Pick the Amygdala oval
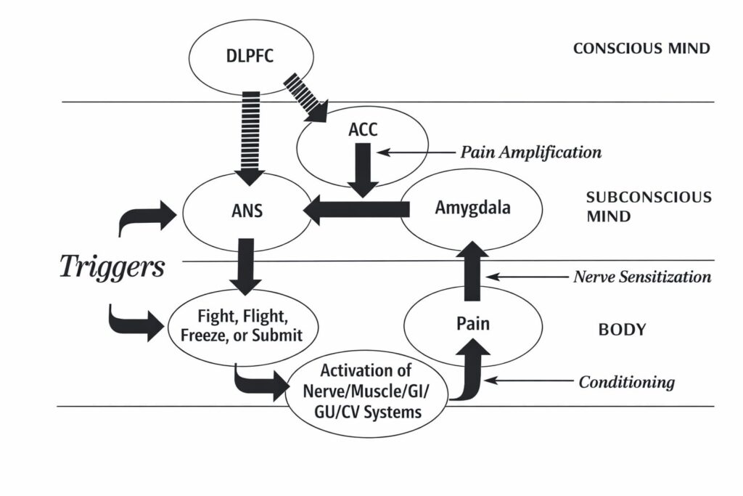(x=472, y=208)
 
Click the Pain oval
(x=472, y=322)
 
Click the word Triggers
(x=112, y=267)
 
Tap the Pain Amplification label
(x=531, y=153)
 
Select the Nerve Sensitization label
(x=642, y=277)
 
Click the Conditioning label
(x=626, y=381)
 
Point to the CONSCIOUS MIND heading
(x=641, y=49)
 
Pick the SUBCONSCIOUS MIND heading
(x=648, y=206)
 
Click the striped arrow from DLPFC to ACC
(x=305, y=95)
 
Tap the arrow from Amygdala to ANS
(x=356, y=210)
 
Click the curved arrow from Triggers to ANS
(x=145, y=216)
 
